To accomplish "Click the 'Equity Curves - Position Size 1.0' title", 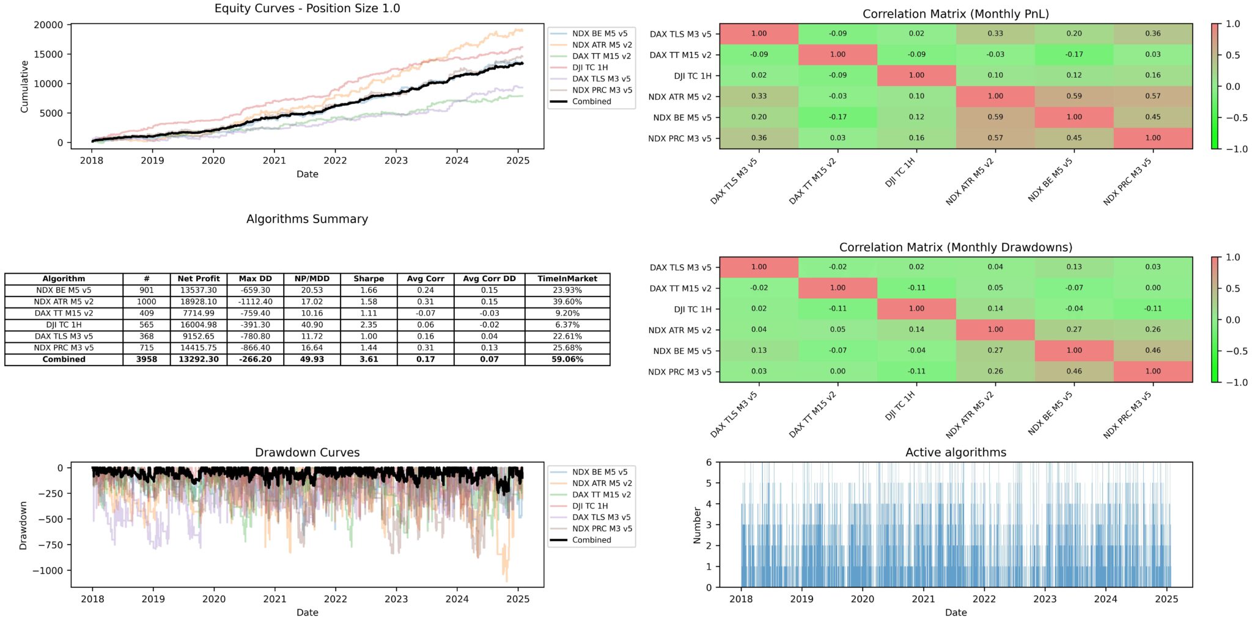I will click(x=307, y=9).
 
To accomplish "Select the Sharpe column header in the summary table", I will click(x=369, y=279).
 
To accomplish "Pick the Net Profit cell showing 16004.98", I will click(x=198, y=325).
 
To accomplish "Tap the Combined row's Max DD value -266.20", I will click(x=255, y=359).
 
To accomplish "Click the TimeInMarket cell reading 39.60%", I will click(x=567, y=302).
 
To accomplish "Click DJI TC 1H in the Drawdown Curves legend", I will click(x=590, y=506).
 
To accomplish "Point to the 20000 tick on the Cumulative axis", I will click(x=49, y=25).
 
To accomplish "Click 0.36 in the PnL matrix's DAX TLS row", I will click(x=1152, y=34).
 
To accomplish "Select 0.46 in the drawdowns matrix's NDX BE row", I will click(x=1152, y=350).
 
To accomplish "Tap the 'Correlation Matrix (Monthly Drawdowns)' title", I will click(x=956, y=248).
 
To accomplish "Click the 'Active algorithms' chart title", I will click(x=956, y=452).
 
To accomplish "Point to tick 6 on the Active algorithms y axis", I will click(x=709, y=463).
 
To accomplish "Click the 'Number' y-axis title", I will click(x=697, y=525).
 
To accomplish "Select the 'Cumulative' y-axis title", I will click(x=24, y=86).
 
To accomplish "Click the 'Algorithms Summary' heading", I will click(x=307, y=219).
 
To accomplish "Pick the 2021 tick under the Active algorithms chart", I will click(x=923, y=599).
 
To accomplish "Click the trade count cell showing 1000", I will click(x=146, y=302).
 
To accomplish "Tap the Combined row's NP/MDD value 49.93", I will click(x=312, y=359).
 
